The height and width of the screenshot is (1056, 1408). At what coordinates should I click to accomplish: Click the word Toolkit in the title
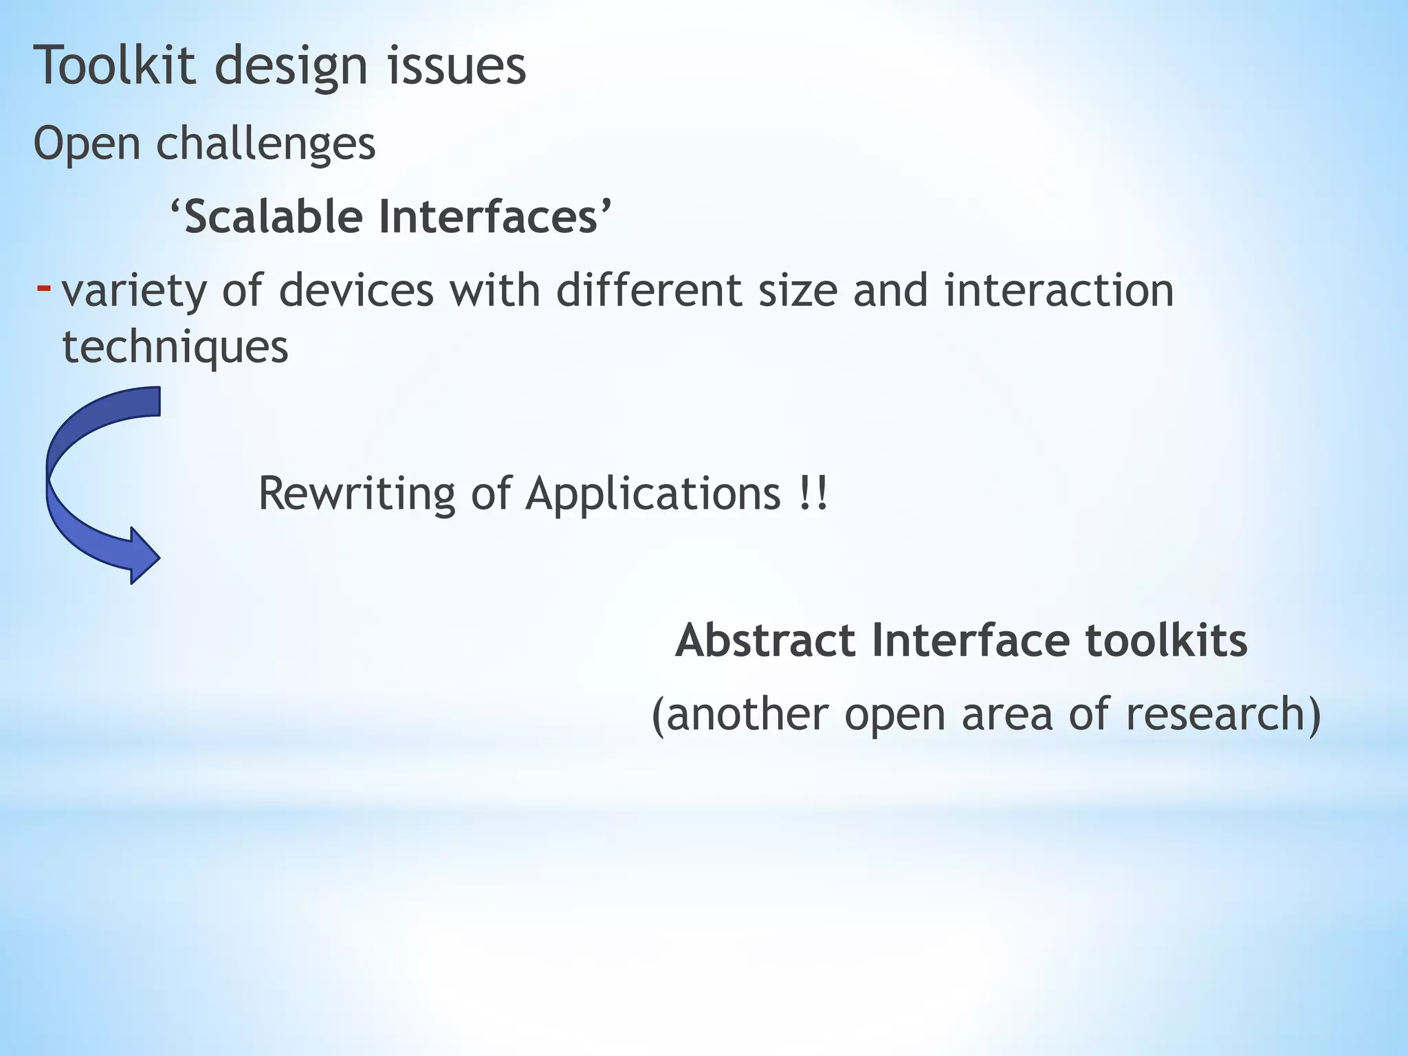coord(114,65)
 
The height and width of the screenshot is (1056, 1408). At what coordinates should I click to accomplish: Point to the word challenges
coord(265,145)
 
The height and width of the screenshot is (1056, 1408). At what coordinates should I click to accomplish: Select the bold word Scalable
coord(274,217)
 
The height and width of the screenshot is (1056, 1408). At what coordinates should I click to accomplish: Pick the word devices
coord(356,289)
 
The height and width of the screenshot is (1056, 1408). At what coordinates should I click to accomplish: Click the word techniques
coord(175,348)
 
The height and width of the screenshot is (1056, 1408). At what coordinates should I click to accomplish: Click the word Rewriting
coord(356,494)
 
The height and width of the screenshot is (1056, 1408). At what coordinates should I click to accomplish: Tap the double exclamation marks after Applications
coord(814,494)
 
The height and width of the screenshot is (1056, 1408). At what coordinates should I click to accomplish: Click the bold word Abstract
coord(765,640)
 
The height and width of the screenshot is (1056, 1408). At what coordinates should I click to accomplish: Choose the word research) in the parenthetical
coord(1223,714)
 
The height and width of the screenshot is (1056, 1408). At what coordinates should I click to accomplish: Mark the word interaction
coord(1059,289)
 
